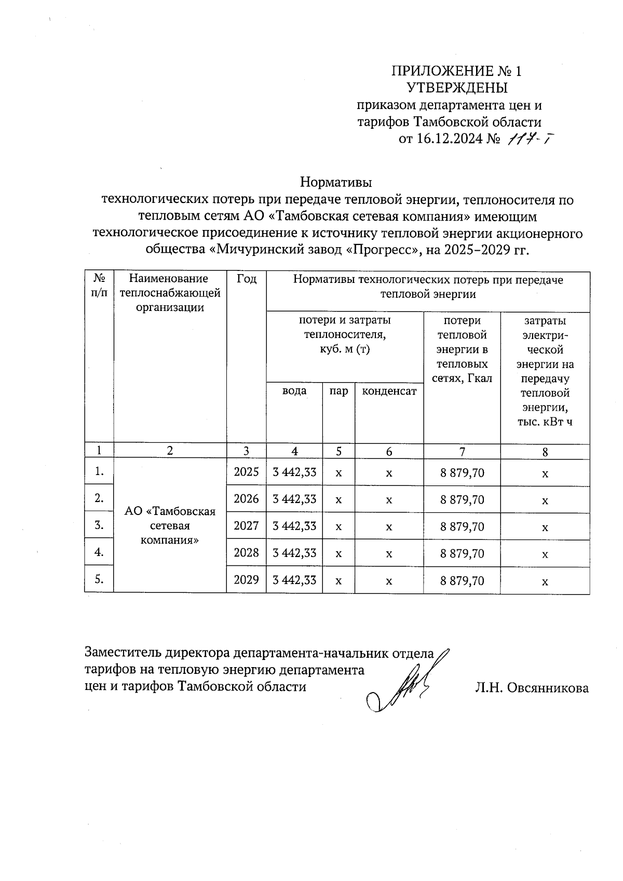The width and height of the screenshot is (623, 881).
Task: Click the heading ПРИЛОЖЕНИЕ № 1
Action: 456,71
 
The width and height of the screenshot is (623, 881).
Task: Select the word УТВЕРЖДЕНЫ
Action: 456,87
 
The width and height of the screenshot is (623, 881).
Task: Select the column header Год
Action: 246,279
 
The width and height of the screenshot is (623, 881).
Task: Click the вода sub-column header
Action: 294,391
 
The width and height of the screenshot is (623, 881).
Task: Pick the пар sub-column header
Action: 338,391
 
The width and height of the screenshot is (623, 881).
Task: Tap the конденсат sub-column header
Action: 389,391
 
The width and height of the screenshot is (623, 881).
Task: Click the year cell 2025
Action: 246,472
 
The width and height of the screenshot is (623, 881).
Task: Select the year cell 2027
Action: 246,526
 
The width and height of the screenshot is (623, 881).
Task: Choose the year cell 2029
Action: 246,580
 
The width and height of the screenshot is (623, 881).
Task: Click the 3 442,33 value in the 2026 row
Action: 294,499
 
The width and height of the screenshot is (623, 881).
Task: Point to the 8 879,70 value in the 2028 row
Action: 462,553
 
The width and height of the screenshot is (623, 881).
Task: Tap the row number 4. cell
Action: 99,552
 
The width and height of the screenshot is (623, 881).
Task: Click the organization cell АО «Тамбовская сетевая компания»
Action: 170,525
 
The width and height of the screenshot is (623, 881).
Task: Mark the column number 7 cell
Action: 462,452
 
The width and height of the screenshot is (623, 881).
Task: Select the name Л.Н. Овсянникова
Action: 531,688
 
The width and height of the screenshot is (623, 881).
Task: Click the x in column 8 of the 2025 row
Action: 545,473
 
